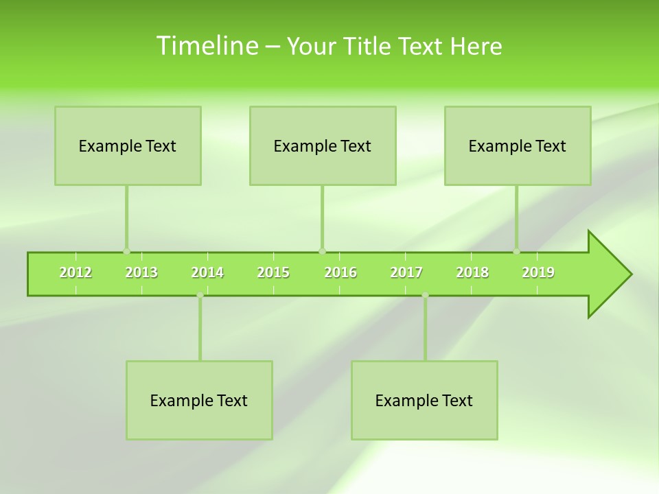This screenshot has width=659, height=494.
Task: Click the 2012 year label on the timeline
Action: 76,272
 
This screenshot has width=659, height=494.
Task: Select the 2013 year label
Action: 141,272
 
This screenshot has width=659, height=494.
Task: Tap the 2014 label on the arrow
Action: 207,272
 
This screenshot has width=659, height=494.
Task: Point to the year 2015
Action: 273,272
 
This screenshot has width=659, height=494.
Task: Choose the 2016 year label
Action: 340,272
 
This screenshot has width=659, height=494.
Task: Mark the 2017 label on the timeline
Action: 406,272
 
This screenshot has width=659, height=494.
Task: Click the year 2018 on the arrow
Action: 472,272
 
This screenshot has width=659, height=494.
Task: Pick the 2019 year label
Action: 538,272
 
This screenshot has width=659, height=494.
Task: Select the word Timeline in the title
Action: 207,46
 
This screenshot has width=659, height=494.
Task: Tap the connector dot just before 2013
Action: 126,252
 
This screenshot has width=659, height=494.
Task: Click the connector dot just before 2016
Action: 322,252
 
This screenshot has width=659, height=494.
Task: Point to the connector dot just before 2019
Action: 516,252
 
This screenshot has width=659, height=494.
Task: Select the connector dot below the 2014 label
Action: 200,295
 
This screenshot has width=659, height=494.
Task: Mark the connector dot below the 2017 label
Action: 425,295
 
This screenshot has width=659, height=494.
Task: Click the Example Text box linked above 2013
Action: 128,145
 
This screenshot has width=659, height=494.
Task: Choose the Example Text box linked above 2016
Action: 323,145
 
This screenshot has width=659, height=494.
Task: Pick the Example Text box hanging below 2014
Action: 199,400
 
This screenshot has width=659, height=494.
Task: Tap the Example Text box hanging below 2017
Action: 424,400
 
